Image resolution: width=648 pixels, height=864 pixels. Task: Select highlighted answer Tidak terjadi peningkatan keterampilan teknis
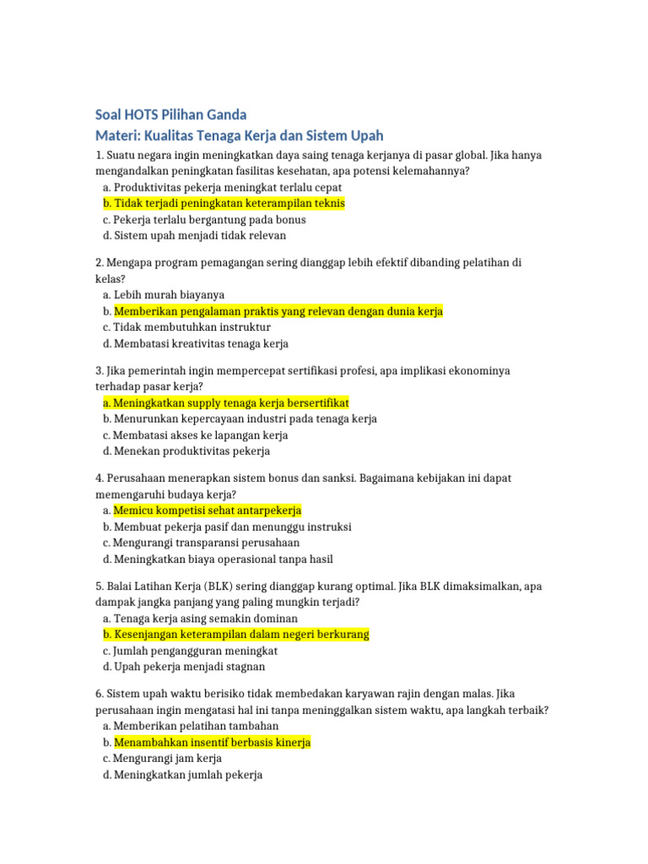coord(229,203)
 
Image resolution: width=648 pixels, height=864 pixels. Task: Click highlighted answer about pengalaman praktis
coord(278,311)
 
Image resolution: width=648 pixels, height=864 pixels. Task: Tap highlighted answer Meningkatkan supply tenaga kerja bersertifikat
coord(230,402)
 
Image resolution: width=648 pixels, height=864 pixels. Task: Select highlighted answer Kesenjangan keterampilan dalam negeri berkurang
coord(241,634)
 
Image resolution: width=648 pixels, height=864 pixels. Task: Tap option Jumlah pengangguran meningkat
coord(196,651)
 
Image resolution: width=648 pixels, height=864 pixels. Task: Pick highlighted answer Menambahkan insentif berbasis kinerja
coord(212,742)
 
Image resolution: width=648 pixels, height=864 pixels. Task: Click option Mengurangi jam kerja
coord(168,759)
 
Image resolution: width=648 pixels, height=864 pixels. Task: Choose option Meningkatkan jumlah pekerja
coord(188,775)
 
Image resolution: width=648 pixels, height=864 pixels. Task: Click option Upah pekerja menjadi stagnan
coord(189,667)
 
